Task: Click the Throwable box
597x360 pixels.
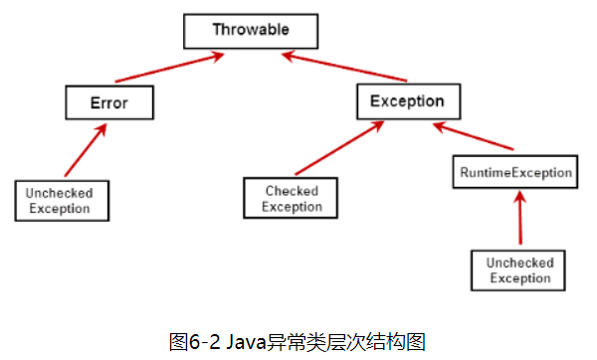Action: pyautogui.click(x=251, y=30)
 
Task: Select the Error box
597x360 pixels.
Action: pyautogui.click(x=109, y=100)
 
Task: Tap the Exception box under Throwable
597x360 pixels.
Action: pyautogui.click(x=407, y=100)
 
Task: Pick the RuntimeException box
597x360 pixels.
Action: pyautogui.click(x=514, y=172)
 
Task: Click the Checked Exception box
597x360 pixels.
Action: pyautogui.click(x=292, y=198)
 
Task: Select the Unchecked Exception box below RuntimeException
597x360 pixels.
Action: pyautogui.click(x=518, y=270)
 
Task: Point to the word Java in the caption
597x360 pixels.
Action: pyautogui.click(x=244, y=342)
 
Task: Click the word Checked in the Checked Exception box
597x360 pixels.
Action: pyautogui.click(x=292, y=191)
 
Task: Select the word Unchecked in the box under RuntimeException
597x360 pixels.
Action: pyautogui.click(x=518, y=263)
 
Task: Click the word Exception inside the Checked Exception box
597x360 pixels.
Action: pyautogui.click(x=292, y=207)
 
